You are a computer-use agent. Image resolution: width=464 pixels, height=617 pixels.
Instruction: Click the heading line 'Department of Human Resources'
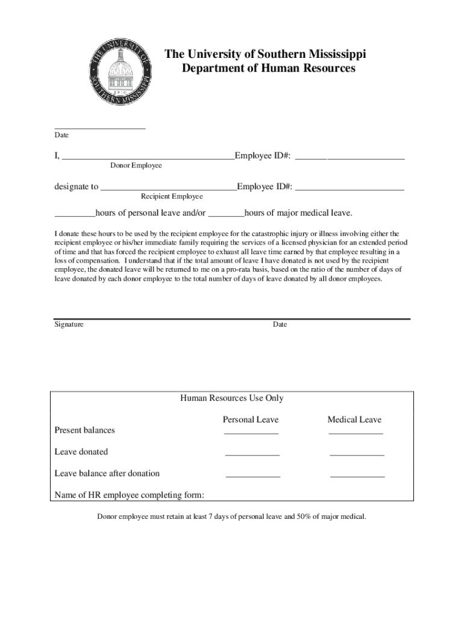click(268, 69)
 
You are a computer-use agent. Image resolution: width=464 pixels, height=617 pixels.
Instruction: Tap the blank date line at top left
click(100, 127)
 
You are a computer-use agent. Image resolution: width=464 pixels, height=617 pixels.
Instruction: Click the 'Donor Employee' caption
click(136, 166)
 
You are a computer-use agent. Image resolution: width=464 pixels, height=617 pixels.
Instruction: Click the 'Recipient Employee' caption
click(172, 196)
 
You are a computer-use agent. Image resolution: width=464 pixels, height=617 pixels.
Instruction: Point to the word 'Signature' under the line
click(69, 325)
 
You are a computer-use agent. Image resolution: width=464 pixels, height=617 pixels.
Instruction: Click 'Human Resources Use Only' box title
click(232, 398)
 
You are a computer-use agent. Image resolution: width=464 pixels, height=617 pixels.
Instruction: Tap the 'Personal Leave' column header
click(251, 420)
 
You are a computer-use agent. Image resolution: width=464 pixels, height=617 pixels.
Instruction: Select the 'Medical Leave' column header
click(354, 420)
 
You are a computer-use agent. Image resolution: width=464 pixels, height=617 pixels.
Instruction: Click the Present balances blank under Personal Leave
click(251, 433)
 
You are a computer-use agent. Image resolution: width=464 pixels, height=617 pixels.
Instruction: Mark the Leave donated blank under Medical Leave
click(357, 454)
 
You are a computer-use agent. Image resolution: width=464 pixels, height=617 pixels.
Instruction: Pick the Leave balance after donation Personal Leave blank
click(253, 476)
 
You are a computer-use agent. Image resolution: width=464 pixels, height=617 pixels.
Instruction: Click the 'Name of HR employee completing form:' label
click(130, 495)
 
